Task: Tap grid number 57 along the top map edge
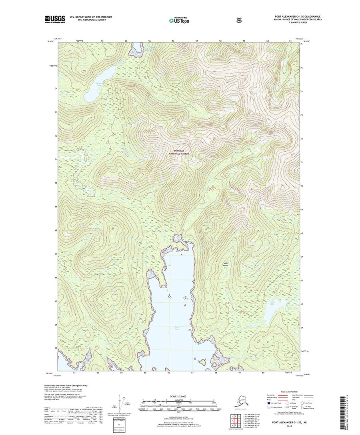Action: point(197,41)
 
